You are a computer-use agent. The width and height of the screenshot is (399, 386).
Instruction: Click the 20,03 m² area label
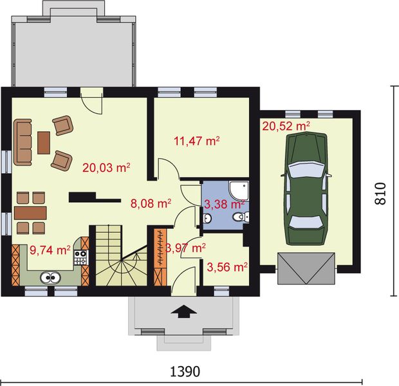[106, 168]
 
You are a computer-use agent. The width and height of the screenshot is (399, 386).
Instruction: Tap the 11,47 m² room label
[196, 141]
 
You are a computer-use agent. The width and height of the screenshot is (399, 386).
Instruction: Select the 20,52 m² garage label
[286, 126]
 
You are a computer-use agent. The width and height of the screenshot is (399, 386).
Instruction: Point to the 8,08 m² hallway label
[151, 203]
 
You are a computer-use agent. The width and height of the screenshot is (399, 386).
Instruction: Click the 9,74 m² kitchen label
[50, 250]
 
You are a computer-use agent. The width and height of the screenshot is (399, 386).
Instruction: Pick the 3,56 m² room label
[227, 267]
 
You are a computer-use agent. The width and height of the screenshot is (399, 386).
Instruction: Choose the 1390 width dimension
[185, 372]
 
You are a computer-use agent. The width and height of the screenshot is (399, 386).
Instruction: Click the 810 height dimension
[381, 194]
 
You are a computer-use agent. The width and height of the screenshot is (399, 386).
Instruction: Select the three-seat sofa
[23, 142]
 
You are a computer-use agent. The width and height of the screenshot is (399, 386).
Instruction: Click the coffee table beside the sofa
[44, 143]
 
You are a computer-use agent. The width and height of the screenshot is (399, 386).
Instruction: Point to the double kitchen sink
[50, 277]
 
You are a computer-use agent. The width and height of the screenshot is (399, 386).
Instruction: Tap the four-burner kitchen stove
[81, 257]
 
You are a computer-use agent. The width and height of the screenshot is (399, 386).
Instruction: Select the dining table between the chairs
[30, 213]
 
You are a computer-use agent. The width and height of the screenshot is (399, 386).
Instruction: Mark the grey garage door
[306, 268]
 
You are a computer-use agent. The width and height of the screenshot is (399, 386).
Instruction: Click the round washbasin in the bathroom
[207, 218]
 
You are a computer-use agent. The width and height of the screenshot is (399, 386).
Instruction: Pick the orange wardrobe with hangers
[160, 257]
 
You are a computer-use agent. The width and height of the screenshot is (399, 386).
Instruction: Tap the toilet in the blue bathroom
[241, 217]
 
